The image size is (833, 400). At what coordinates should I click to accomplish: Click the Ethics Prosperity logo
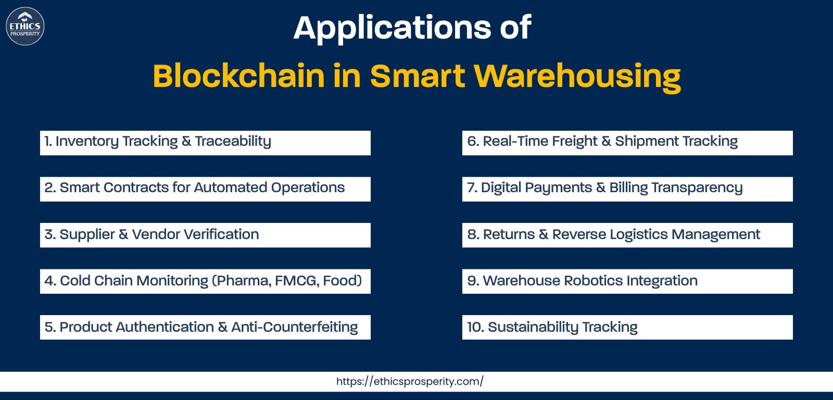click(26, 26)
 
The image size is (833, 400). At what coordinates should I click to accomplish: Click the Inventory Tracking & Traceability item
click(205, 143)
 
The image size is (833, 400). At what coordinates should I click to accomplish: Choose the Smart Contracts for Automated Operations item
click(205, 189)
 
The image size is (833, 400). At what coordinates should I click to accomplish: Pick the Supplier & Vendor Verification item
click(205, 235)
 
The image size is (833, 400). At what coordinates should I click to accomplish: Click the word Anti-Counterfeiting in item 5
click(295, 327)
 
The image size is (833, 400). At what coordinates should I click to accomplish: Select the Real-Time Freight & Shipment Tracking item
click(627, 143)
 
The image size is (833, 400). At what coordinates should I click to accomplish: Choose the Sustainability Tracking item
click(627, 328)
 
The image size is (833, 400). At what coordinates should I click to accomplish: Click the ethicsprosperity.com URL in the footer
click(410, 381)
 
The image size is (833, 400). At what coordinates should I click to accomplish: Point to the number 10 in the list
click(474, 327)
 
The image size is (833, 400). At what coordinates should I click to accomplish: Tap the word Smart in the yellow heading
click(418, 76)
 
